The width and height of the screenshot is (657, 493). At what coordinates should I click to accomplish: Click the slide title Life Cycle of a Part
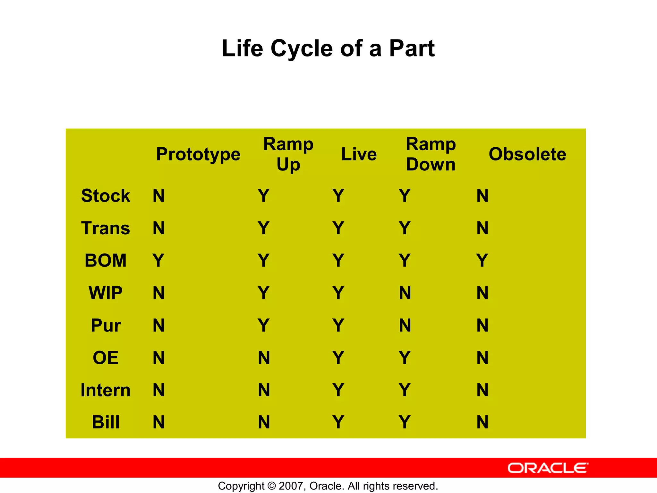[328, 48]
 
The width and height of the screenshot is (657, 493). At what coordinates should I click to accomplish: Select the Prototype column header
[198, 154]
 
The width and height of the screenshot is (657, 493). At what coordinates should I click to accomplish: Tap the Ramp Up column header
[288, 154]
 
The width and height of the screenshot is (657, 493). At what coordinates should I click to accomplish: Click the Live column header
[359, 154]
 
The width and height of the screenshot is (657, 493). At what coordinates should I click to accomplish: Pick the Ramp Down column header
[431, 154]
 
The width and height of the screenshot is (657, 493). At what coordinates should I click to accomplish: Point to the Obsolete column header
[527, 154]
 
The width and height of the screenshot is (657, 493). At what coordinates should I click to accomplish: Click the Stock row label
[106, 195]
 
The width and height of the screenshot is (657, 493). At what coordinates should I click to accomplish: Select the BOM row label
[106, 260]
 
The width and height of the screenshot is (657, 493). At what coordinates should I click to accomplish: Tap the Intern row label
[106, 390]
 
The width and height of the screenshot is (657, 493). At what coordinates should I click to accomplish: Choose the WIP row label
[106, 293]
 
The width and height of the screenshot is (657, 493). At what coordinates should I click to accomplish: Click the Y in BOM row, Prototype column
[158, 260]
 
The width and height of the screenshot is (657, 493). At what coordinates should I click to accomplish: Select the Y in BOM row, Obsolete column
[482, 260]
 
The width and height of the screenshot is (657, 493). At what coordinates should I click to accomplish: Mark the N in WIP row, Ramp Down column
[405, 293]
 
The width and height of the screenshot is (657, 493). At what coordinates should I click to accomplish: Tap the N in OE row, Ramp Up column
[264, 358]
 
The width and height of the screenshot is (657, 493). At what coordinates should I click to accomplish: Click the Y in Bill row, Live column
[338, 422]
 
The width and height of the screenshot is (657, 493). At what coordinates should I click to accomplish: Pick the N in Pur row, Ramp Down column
[405, 325]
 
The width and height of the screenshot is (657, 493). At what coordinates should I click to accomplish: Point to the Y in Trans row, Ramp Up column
[263, 228]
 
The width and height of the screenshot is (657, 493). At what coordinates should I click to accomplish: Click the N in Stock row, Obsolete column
[482, 195]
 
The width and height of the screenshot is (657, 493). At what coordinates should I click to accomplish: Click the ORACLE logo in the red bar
[548, 468]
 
